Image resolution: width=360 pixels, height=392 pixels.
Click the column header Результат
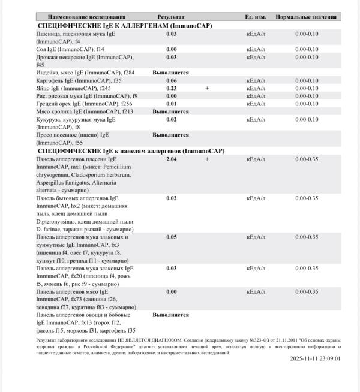(x=171, y=17)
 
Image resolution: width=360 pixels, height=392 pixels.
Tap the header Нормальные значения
(x=307, y=17)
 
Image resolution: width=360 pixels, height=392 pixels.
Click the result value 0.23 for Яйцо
(x=171, y=88)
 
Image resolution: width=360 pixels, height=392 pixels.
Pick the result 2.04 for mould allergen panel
(x=171, y=159)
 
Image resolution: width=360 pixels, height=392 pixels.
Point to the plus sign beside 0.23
(x=207, y=88)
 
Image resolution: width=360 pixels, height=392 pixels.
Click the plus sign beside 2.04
(x=207, y=159)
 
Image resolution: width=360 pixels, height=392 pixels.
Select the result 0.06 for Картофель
(x=171, y=80)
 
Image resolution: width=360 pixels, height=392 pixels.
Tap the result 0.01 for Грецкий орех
(x=171, y=104)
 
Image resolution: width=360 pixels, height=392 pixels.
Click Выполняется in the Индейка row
(x=170, y=73)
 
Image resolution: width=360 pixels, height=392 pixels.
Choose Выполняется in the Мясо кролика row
(x=170, y=111)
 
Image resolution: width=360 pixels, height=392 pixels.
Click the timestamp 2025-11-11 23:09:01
(x=314, y=358)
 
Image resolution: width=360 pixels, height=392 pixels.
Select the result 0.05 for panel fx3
(x=171, y=237)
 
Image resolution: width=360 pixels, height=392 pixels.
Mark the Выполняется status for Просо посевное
(x=170, y=135)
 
